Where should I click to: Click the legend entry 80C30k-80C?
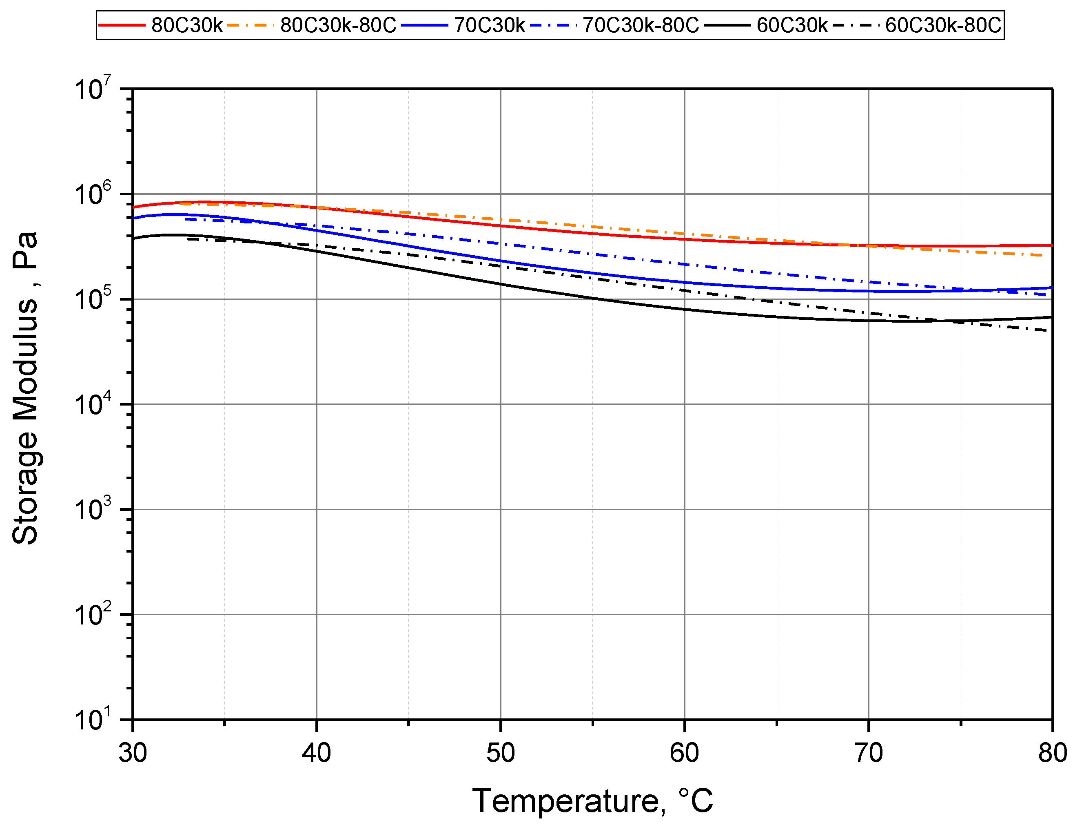pos(337,25)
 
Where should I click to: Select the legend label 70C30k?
pos(489,25)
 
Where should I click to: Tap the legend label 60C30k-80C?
pos(942,25)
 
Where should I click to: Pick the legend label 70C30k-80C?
pos(640,25)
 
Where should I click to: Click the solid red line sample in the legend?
pos(122,25)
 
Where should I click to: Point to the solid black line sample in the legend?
pos(727,25)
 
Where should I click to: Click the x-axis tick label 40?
pos(317,753)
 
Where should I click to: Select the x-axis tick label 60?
pos(685,753)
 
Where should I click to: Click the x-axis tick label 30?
pos(133,753)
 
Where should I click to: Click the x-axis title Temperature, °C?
pos(592,801)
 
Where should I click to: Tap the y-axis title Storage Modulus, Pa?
pos(26,388)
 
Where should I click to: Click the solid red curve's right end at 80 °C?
pos(1051,245)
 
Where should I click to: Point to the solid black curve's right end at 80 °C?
pos(1051,317)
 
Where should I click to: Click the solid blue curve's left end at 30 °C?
pos(133,218)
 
